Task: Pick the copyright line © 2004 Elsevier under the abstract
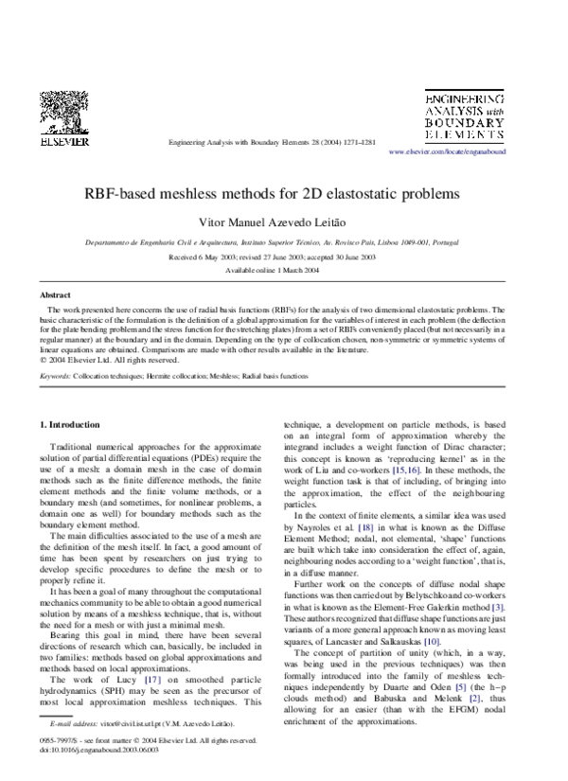click(x=91, y=360)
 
